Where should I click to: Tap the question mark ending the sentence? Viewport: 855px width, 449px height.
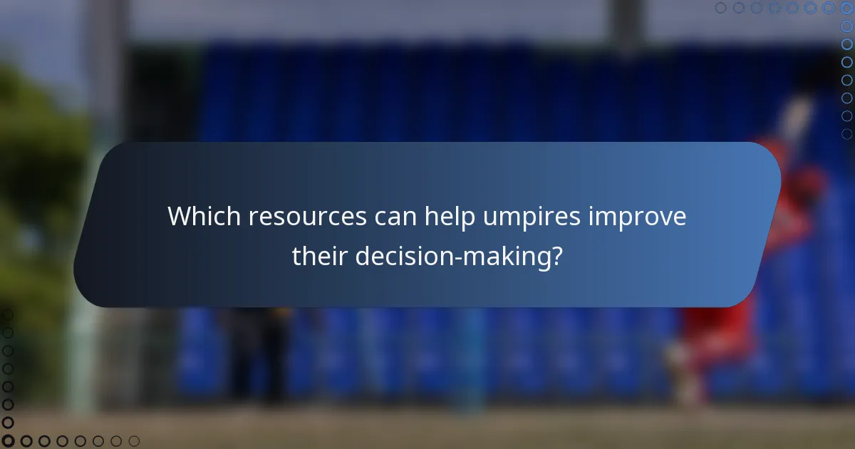555,256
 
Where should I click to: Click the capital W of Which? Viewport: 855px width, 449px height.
178,217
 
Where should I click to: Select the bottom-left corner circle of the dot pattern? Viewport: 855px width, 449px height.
9,441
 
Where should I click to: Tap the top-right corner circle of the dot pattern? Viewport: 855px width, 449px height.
846,8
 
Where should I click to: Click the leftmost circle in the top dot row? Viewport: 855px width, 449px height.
721,8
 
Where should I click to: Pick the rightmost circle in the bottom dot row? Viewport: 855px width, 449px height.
134,441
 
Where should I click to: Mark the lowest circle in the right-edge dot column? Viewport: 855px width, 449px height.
846,133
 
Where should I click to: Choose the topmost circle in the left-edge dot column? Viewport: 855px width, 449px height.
9,314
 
